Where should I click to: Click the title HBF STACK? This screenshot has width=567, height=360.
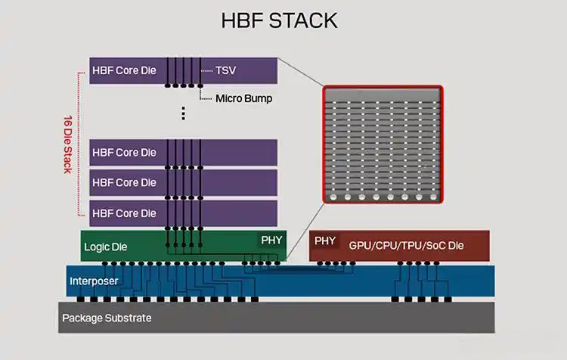pos(279,20)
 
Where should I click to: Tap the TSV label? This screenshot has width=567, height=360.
pos(225,70)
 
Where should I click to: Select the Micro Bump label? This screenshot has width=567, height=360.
pos(243,98)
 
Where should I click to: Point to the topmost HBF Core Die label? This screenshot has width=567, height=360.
pos(124,70)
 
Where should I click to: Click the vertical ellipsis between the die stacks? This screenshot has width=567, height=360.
pos(183,113)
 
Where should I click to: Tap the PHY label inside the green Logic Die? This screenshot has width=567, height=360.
pos(271,241)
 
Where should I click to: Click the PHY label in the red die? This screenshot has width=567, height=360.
pos(325,241)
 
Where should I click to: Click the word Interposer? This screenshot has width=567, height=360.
pos(94,281)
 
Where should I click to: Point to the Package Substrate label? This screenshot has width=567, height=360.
pos(107,318)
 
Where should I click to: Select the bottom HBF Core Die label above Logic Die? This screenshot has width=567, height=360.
pos(124,213)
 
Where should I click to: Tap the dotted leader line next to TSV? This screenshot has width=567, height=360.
pos(206,70)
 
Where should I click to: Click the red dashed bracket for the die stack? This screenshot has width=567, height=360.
pos(79,144)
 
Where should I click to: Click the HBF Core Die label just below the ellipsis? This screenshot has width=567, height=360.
pos(124,152)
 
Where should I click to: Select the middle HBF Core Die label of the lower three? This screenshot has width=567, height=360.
pos(124,182)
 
